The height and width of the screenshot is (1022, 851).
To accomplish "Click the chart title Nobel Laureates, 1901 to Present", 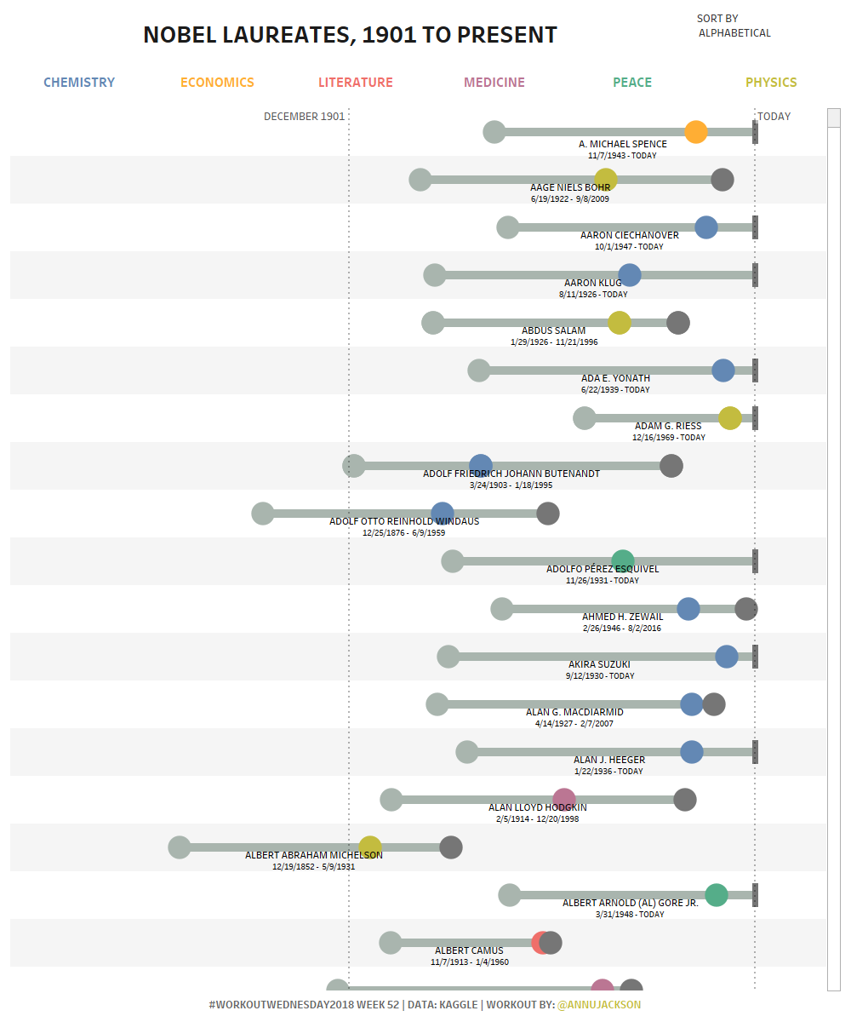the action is (x=350, y=35).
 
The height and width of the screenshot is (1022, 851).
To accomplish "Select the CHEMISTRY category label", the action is (x=79, y=83).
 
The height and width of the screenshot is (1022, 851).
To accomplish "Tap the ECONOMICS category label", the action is (x=217, y=83).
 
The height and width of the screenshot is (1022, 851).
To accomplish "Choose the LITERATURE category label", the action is (x=356, y=83).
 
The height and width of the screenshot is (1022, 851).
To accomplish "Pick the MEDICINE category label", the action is (x=494, y=83).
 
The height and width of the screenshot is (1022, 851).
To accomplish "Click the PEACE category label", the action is (x=632, y=83).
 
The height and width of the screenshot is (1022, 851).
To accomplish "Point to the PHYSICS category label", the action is (x=771, y=83).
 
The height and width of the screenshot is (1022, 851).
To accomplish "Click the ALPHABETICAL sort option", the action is (x=734, y=33).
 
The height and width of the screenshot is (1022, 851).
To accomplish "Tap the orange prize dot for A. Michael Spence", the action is (x=695, y=132).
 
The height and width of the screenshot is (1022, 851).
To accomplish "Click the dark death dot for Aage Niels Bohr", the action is (x=722, y=180).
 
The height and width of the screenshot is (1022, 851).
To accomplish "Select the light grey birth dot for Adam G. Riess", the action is (x=584, y=418).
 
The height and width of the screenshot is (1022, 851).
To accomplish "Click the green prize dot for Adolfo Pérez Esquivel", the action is (x=623, y=561).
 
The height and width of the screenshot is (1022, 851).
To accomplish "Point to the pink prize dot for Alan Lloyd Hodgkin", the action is (x=564, y=800).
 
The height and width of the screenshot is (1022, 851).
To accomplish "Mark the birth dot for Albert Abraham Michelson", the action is (x=179, y=847).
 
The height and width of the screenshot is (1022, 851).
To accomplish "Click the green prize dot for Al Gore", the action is (x=716, y=895).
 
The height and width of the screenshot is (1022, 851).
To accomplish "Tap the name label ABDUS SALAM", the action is (x=553, y=330).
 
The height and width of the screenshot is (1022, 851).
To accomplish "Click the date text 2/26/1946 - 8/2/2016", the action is (x=621, y=628).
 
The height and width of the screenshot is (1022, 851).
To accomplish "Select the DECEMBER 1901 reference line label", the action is (x=304, y=117).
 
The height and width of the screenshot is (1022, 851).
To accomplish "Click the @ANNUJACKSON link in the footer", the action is (x=598, y=1004).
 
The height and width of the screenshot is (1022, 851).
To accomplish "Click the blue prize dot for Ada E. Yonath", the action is (x=722, y=370).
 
